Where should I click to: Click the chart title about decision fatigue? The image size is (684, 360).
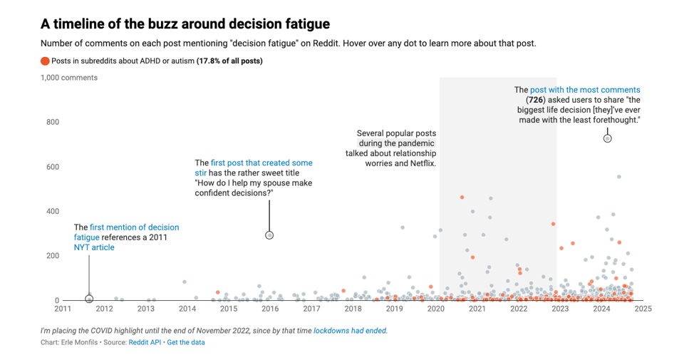pos(185,24)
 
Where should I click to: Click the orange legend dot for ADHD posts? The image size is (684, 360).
pos(46,61)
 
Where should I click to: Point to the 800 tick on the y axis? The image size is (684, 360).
pos(53,122)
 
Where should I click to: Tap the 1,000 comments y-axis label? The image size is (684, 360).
pos(69,78)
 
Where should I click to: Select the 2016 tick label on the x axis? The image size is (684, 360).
pos(270,309)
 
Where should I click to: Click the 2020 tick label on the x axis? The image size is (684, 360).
pos(436,309)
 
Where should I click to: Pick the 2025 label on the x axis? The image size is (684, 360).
pos(643,309)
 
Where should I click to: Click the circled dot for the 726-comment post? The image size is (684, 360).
pos(607,139)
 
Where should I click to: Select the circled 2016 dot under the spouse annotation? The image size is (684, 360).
pos(269,235)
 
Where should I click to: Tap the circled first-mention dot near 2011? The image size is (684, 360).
pos(89,299)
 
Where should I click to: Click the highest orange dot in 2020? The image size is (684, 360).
pos(462,197)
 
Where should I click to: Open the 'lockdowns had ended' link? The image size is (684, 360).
pos(351,331)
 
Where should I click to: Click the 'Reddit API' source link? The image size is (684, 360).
pos(145,343)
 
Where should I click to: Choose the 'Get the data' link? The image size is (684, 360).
pos(186,343)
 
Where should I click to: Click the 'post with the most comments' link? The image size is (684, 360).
pos(585,91)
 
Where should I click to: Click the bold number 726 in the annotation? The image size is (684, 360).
pos(536,101)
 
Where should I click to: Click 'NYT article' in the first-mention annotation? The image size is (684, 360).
pos(94,247)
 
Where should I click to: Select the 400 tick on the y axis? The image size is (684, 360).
pos(53,212)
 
